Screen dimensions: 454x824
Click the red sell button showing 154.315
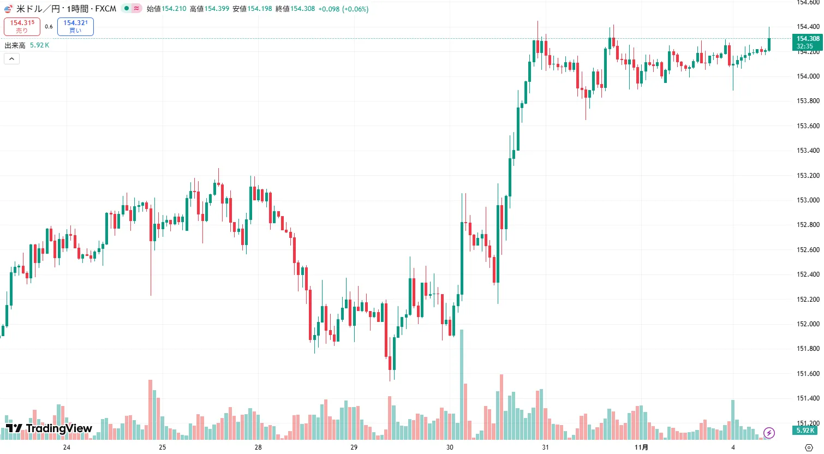click(x=22, y=26)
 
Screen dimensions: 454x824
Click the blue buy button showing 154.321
click(x=75, y=26)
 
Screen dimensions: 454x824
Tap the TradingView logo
click(x=49, y=428)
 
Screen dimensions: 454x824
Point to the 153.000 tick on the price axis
click(x=808, y=200)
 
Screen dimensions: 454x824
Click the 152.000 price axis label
click(x=808, y=324)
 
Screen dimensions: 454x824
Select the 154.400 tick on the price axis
click(x=808, y=27)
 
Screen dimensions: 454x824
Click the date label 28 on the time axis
click(x=258, y=447)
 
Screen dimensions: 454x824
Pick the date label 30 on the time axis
click(x=450, y=447)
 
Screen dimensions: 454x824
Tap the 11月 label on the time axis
click(x=642, y=447)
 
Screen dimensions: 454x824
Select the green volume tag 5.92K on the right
click(x=805, y=431)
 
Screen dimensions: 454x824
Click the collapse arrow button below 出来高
click(x=11, y=58)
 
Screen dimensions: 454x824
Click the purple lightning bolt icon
click(x=769, y=433)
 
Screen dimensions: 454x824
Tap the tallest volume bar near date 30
click(x=462, y=382)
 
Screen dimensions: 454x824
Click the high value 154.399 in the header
click(x=217, y=9)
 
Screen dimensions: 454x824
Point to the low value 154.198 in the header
click(x=259, y=9)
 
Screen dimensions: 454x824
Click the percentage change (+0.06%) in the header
click(x=355, y=9)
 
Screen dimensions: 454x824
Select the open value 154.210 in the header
click(x=174, y=9)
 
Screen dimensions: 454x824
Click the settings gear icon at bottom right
click(x=809, y=447)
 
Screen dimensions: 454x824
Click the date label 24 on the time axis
click(x=67, y=447)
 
